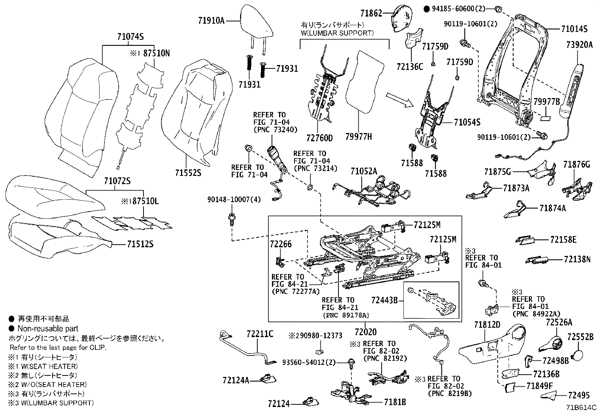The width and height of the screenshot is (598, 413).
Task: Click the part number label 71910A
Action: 211,21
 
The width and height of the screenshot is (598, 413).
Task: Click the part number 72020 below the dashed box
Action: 365,332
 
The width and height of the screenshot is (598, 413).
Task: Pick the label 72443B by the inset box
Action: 384,300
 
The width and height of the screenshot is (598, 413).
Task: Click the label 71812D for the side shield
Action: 487,324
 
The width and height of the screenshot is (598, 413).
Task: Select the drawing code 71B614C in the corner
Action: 581,407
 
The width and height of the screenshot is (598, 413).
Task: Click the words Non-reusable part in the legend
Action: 43,328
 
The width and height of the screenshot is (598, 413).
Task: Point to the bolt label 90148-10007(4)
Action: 234,199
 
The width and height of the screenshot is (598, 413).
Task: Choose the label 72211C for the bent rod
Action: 260,334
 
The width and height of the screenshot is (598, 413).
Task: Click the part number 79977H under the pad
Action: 358,137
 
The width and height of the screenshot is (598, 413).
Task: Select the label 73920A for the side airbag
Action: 579,45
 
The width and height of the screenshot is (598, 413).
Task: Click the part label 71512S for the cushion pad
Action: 140,244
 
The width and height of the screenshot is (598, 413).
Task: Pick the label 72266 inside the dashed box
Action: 280,244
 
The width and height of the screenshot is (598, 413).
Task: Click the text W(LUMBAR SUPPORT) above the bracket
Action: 337,33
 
